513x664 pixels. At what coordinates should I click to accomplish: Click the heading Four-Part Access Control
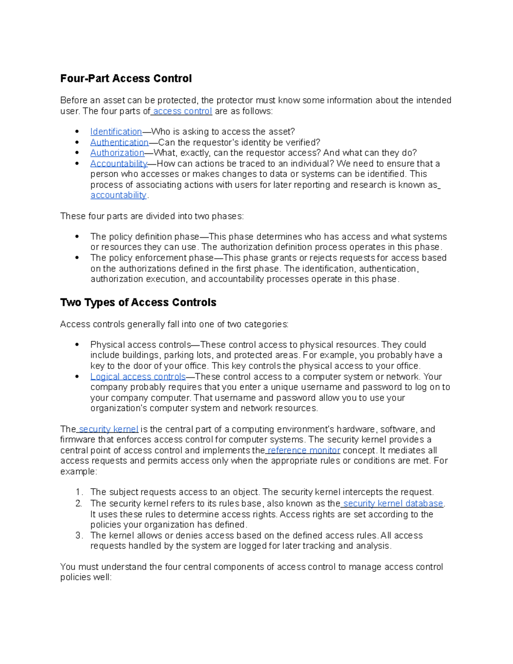(126, 79)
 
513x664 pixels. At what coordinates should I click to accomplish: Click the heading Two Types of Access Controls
(138, 303)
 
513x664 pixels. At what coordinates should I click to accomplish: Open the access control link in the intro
(183, 111)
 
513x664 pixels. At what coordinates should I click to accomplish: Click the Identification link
(116, 132)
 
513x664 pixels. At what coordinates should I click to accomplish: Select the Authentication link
(119, 142)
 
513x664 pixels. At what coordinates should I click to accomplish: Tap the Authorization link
(117, 153)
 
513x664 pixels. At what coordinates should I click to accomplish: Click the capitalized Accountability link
(118, 164)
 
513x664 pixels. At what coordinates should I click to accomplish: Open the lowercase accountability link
(118, 195)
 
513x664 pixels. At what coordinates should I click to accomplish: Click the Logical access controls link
(138, 377)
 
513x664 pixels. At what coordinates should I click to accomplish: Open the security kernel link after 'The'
(109, 429)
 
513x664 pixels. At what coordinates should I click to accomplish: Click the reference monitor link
(304, 450)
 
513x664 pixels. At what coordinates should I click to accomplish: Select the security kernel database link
(393, 504)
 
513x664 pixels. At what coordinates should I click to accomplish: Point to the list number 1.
(78, 492)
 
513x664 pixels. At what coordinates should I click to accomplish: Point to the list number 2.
(78, 504)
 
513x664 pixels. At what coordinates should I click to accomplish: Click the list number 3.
(78, 536)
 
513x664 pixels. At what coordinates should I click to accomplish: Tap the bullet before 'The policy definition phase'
(77, 237)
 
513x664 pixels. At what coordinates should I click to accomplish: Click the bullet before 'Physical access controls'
(77, 345)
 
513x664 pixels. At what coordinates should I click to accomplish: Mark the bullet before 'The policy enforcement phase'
(77, 258)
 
